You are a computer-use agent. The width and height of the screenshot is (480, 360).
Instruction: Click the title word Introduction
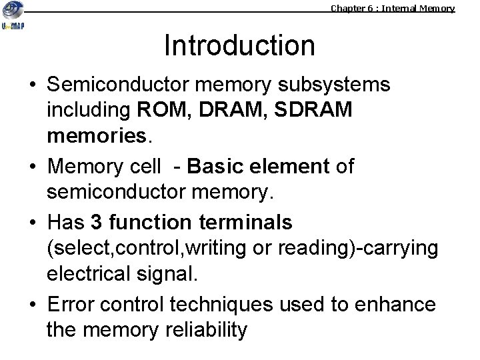pyautogui.click(x=239, y=46)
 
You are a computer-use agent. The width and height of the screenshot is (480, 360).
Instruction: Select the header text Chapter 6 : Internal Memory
pyautogui.click(x=393, y=9)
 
